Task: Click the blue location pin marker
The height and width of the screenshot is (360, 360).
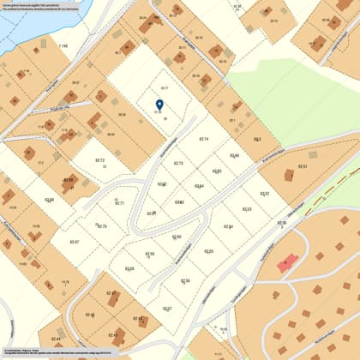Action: tap(159, 106)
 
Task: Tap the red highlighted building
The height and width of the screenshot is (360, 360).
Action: tap(286, 262)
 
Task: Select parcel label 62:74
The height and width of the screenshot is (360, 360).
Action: tap(204, 139)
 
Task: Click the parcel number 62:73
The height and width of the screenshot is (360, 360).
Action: tap(179, 163)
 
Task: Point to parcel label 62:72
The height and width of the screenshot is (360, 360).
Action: tap(99, 160)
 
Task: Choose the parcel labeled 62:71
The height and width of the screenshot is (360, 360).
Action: tap(120, 203)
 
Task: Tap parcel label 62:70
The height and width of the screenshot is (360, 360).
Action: tap(101, 225)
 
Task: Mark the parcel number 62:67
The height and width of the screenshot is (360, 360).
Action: tap(74, 242)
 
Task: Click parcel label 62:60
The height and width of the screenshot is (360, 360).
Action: tap(177, 237)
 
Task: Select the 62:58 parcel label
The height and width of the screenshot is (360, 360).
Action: tap(150, 254)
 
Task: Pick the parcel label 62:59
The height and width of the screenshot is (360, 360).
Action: tap(129, 268)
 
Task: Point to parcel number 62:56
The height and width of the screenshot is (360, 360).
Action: tap(185, 281)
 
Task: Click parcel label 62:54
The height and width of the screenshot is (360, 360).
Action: tap(229, 226)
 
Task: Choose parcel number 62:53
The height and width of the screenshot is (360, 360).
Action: tap(247, 209)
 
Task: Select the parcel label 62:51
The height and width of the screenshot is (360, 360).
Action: tap(303, 166)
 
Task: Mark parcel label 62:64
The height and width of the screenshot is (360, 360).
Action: tap(199, 186)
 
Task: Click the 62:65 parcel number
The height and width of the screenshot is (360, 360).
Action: tap(217, 171)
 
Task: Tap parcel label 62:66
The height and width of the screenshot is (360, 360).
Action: tap(235, 156)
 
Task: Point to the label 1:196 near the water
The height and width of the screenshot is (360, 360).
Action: tap(63, 45)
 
